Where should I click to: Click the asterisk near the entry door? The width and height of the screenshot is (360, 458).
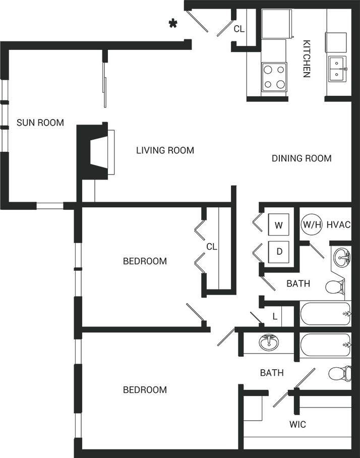(173, 24)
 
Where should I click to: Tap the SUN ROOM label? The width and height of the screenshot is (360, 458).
(40, 122)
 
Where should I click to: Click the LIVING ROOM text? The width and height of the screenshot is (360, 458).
(165, 150)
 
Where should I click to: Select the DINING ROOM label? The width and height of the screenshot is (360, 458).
(302, 158)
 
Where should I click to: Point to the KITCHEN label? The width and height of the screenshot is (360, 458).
(306, 59)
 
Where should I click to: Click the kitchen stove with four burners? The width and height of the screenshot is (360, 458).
(274, 77)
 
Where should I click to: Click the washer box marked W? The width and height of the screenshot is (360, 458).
(278, 225)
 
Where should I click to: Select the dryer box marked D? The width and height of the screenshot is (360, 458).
(278, 251)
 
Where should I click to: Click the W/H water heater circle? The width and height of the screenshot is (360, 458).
(312, 224)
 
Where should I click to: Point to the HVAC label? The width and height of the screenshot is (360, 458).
(338, 224)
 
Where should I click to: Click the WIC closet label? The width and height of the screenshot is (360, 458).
(298, 424)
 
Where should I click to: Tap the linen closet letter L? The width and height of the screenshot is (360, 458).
(274, 317)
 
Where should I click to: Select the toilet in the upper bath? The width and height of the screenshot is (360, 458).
(335, 287)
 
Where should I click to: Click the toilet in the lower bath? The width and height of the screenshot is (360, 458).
(337, 374)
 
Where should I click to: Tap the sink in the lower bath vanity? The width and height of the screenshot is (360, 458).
(271, 342)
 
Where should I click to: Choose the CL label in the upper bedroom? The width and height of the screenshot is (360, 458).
(211, 247)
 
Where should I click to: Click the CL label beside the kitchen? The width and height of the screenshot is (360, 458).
(239, 29)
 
